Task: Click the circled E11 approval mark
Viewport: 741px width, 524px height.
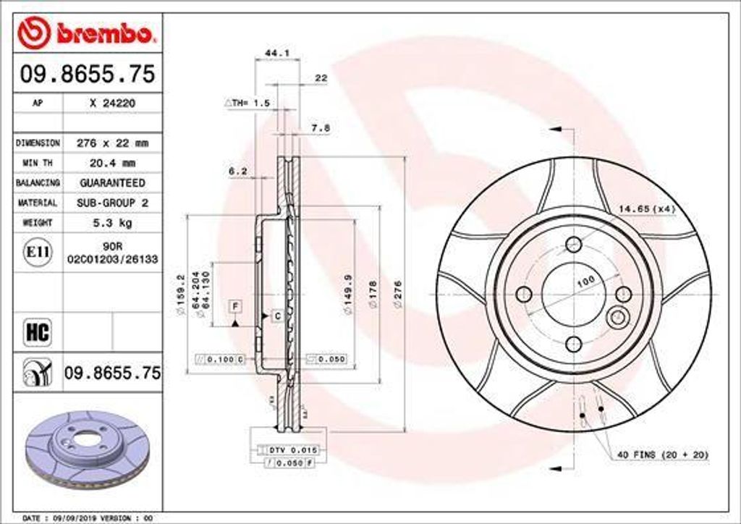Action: click(37, 252)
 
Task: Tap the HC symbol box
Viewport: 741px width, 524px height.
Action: click(37, 332)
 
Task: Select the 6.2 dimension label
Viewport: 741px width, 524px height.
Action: click(238, 172)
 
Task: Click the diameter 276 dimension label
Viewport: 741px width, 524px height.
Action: click(397, 294)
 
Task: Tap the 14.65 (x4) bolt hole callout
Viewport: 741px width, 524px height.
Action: click(646, 208)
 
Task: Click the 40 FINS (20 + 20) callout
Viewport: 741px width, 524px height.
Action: click(662, 455)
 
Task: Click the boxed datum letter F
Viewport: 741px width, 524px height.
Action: click(235, 306)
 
